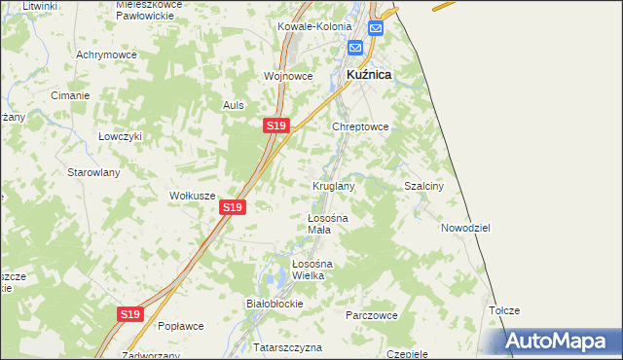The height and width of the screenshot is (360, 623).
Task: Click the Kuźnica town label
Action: (369, 74)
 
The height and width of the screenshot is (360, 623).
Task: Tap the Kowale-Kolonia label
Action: (312, 26)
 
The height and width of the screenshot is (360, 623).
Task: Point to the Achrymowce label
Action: (106, 55)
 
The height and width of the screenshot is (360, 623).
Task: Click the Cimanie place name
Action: (71, 95)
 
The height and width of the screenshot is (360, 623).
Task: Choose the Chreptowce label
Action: (361, 126)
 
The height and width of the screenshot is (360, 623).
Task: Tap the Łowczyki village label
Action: (121, 136)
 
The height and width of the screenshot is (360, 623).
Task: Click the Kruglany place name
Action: (333, 185)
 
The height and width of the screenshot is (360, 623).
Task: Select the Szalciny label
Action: (424, 185)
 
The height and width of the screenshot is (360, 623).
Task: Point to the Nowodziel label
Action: (464, 227)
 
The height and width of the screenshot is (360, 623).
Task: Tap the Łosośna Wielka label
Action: (313, 270)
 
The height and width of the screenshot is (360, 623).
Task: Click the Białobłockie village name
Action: (275, 304)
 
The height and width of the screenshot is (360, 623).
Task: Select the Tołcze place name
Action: (504, 310)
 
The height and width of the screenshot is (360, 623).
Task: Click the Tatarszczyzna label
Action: (274, 346)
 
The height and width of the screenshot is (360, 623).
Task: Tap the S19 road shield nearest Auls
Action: (275, 126)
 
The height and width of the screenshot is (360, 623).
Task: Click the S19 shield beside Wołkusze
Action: (232, 207)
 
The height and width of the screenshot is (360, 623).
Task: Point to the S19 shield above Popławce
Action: (131, 314)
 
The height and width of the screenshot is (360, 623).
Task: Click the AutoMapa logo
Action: (560, 341)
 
